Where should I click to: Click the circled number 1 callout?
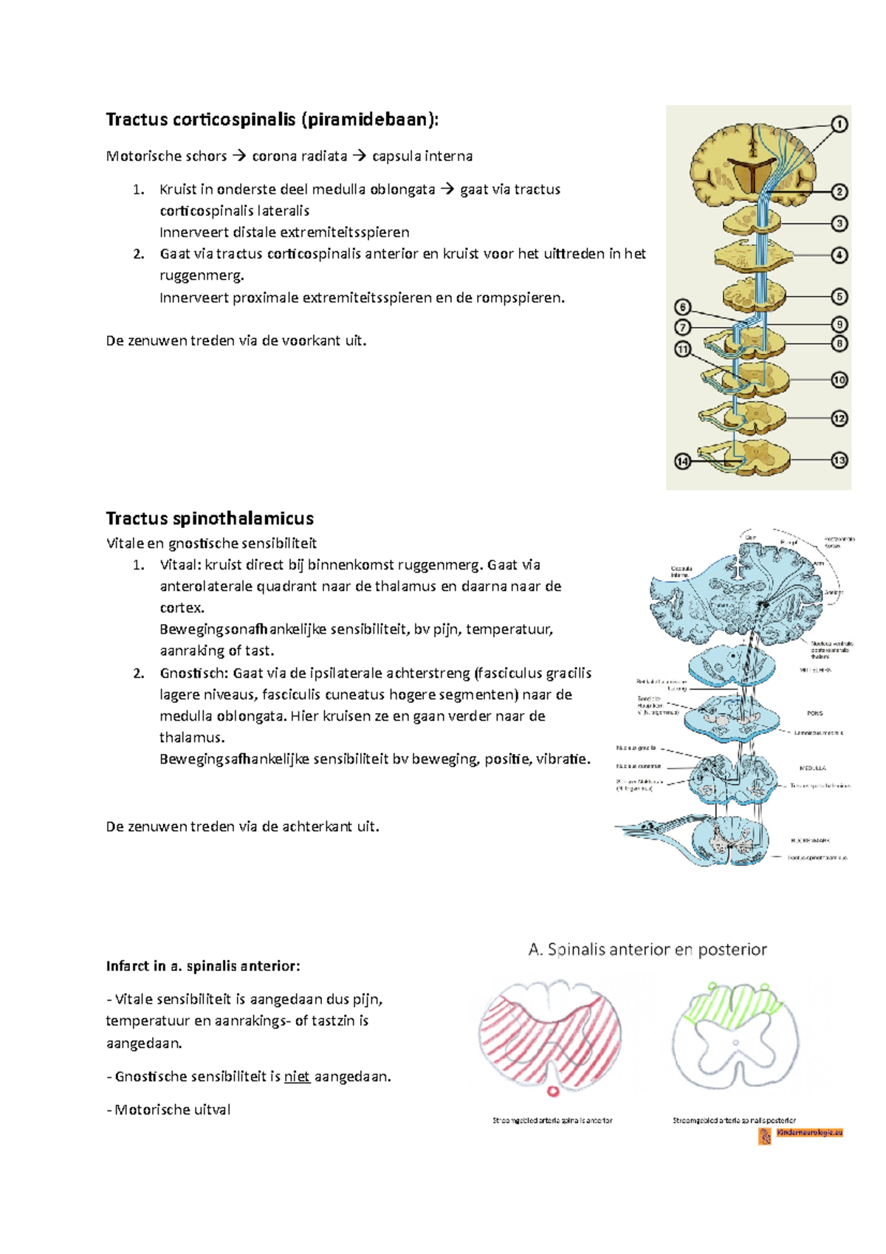(839, 124)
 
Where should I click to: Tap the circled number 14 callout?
(682, 462)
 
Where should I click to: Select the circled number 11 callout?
(682, 349)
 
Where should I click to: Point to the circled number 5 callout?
(839, 296)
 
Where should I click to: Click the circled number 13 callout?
(839, 460)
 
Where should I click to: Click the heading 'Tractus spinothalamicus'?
(210, 518)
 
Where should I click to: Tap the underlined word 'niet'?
(297, 1077)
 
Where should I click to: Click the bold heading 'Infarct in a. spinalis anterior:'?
(203, 966)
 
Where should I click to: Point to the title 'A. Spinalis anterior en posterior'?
(648, 950)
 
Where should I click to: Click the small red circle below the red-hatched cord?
(552, 1091)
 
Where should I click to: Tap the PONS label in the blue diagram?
(814, 713)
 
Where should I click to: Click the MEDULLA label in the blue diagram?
(812, 768)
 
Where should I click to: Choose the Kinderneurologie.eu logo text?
(809, 1132)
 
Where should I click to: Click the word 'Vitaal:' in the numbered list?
(180, 565)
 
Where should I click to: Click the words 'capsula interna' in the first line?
(422, 157)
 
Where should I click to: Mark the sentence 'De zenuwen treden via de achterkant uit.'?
(243, 827)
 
